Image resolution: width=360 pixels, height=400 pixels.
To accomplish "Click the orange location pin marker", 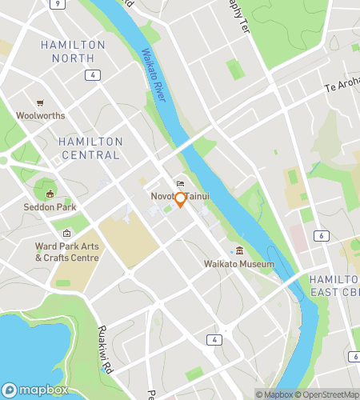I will [x=181, y=200].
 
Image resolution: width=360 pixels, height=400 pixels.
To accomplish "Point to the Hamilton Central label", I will [x=90, y=148].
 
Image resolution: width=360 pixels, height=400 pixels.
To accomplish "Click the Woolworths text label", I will [x=39, y=115].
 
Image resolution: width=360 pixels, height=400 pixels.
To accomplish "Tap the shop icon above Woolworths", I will [x=39, y=103].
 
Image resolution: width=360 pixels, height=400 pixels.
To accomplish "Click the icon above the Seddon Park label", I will [x=50, y=194].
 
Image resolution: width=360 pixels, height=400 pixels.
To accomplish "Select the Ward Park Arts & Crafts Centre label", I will [x=67, y=252].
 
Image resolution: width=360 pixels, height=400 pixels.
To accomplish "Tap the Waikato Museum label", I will [x=239, y=264].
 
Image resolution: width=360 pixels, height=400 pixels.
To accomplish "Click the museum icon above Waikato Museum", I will [x=239, y=252].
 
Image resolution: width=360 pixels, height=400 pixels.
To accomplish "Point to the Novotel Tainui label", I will [x=180, y=196].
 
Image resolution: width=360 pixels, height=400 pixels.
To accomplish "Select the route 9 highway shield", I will [x=56, y=3].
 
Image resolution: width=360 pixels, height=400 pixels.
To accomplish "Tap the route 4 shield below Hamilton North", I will [x=94, y=74].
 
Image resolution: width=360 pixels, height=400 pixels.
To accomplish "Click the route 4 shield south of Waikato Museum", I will [x=215, y=339].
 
